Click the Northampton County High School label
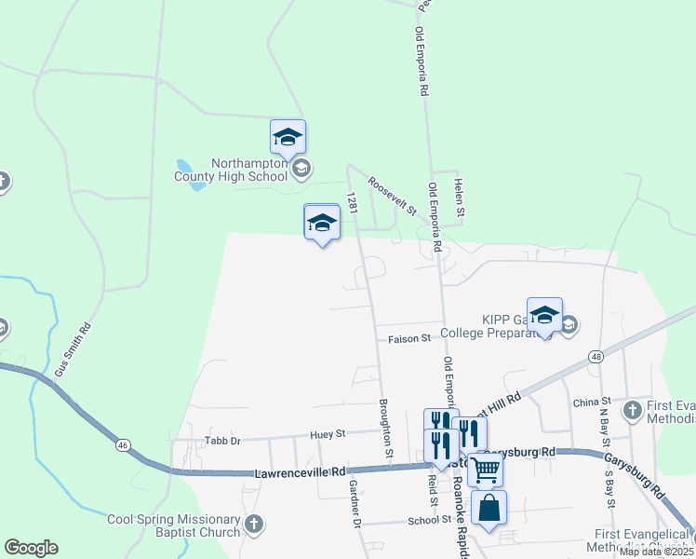coord(248,169)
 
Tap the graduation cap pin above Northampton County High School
coord(288,138)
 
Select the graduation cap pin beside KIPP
coord(544,316)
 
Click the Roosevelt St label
coord(392,197)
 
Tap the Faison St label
coord(410,338)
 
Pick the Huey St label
coord(328,433)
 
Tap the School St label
coord(429,521)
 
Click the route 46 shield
coord(123,446)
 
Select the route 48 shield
coord(596,356)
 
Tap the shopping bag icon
coord(489,509)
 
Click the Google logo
coord(32,548)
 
